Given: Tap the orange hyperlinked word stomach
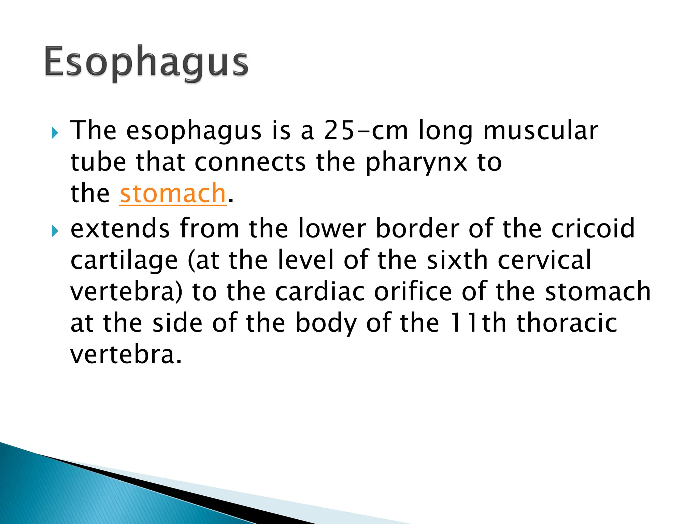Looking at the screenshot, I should (x=173, y=193).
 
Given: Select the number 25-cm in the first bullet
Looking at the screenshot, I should (x=366, y=131).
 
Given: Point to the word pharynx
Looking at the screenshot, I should (x=416, y=163).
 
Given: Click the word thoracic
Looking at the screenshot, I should (x=567, y=323).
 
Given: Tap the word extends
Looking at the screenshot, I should (x=120, y=228).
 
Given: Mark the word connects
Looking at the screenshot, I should (x=250, y=162).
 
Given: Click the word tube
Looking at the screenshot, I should (x=98, y=162).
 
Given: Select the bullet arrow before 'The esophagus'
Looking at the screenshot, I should (x=55, y=133).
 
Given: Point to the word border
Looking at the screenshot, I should (x=417, y=228).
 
